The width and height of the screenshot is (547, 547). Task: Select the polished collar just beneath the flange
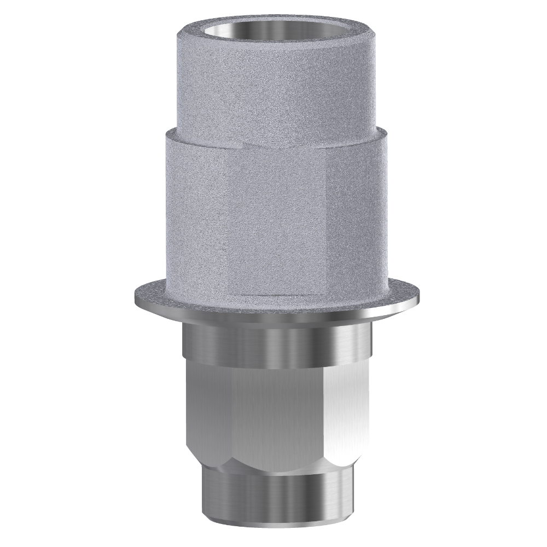click(x=276, y=345)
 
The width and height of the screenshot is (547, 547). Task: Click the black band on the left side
click(x=53, y=273)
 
